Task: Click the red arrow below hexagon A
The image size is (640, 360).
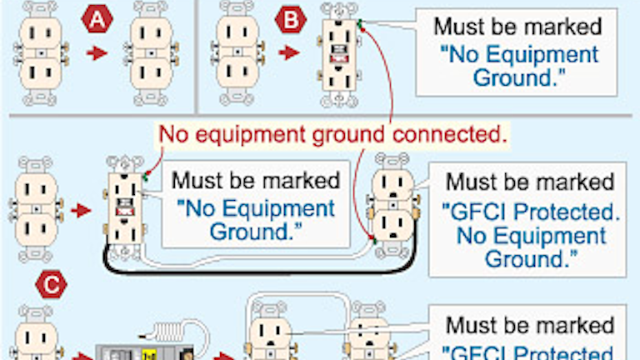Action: [97, 53]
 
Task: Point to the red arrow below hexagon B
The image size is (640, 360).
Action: [289, 53]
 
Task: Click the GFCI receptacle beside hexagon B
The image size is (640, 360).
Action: [340, 53]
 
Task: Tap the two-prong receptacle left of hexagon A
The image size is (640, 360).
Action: [38, 53]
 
